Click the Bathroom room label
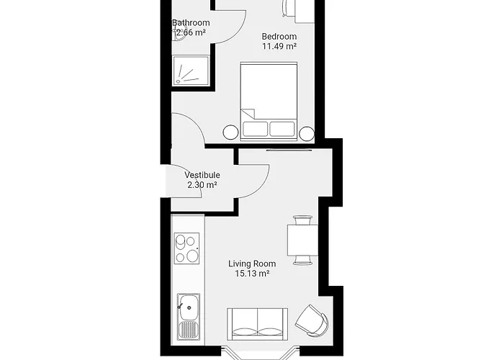point(191,22)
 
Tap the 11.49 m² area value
point(280,46)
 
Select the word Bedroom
point(279,36)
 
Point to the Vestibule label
point(202,175)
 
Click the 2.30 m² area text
point(202,185)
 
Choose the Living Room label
point(252,264)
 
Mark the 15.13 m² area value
point(252,274)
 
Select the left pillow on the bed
point(255,129)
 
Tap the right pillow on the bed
point(282,129)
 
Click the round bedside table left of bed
point(230,132)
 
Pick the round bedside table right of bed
point(307,132)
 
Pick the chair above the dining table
point(301,219)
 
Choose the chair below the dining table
point(301,258)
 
